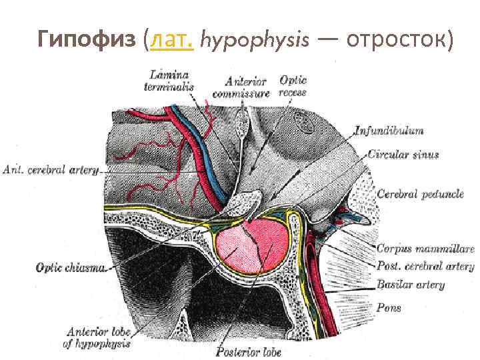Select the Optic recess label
pos(293,86)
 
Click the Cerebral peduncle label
pos(419,195)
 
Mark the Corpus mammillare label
pos(425,249)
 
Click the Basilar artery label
pos(410,285)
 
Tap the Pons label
pos(389,308)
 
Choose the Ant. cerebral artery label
pos(51,169)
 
